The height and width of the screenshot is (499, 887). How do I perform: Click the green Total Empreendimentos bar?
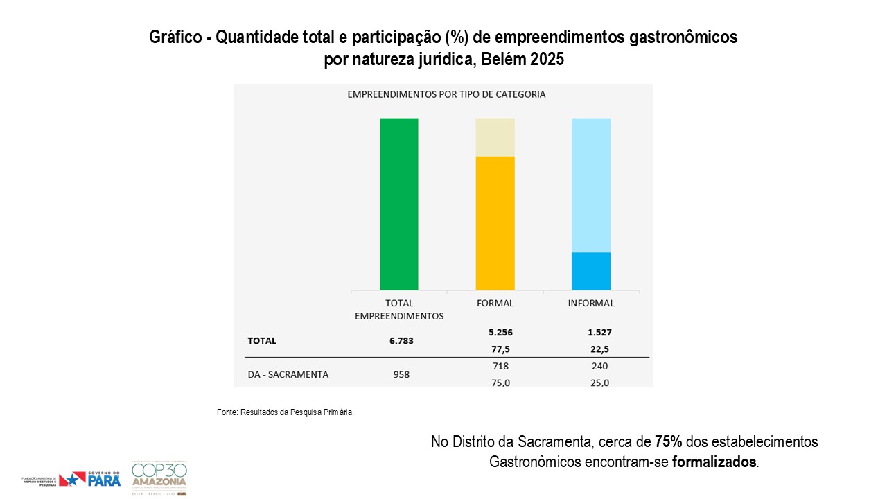(x=399, y=204)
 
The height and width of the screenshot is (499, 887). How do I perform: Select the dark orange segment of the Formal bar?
(x=495, y=223)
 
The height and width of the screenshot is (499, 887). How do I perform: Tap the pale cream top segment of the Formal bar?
(x=495, y=137)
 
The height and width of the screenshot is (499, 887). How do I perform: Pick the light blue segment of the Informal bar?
(x=591, y=185)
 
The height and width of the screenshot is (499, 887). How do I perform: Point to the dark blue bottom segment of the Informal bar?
(x=591, y=271)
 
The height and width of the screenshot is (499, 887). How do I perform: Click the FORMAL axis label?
(x=495, y=303)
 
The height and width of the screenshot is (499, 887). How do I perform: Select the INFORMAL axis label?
(x=591, y=303)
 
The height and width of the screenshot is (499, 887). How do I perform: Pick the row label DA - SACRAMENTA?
(x=288, y=374)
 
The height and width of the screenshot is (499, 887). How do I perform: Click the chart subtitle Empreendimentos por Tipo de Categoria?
(x=446, y=94)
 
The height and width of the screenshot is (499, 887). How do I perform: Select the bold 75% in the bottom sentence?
(x=669, y=441)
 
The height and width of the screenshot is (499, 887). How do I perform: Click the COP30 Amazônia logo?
(x=159, y=478)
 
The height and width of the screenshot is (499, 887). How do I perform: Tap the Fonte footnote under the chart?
(x=286, y=412)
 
